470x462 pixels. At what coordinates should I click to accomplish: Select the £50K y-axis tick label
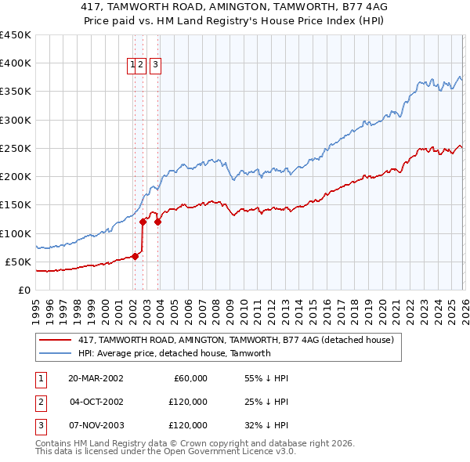(x=18, y=262)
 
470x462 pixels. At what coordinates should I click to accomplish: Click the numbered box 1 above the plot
(x=132, y=65)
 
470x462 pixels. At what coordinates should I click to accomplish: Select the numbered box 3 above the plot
(x=155, y=65)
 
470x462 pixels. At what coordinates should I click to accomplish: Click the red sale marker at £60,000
(x=135, y=255)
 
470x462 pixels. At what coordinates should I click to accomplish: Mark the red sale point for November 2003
(x=157, y=222)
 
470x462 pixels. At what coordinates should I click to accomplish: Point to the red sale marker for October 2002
(x=143, y=222)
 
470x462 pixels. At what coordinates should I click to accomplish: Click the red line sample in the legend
(x=54, y=340)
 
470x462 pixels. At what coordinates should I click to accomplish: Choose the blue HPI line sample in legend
(x=54, y=353)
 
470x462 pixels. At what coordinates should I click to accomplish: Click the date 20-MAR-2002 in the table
(x=96, y=378)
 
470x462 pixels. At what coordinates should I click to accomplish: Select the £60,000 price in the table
(x=188, y=378)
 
